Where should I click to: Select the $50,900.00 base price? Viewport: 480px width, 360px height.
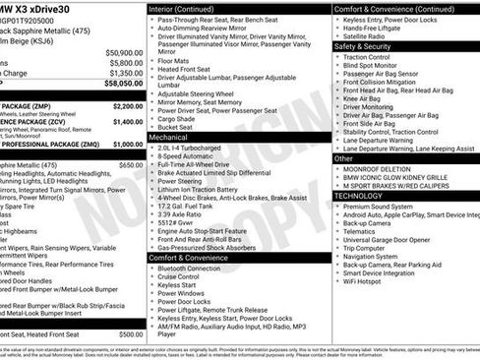(x=123, y=52)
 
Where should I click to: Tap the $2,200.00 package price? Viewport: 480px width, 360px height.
(x=127, y=105)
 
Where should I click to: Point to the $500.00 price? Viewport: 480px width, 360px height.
(x=131, y=334)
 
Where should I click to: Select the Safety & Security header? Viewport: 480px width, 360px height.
(x=362, y=45)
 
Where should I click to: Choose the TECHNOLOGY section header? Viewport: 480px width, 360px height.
(x=357, y=196)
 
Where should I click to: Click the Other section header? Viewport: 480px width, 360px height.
(x=343, y=157)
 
